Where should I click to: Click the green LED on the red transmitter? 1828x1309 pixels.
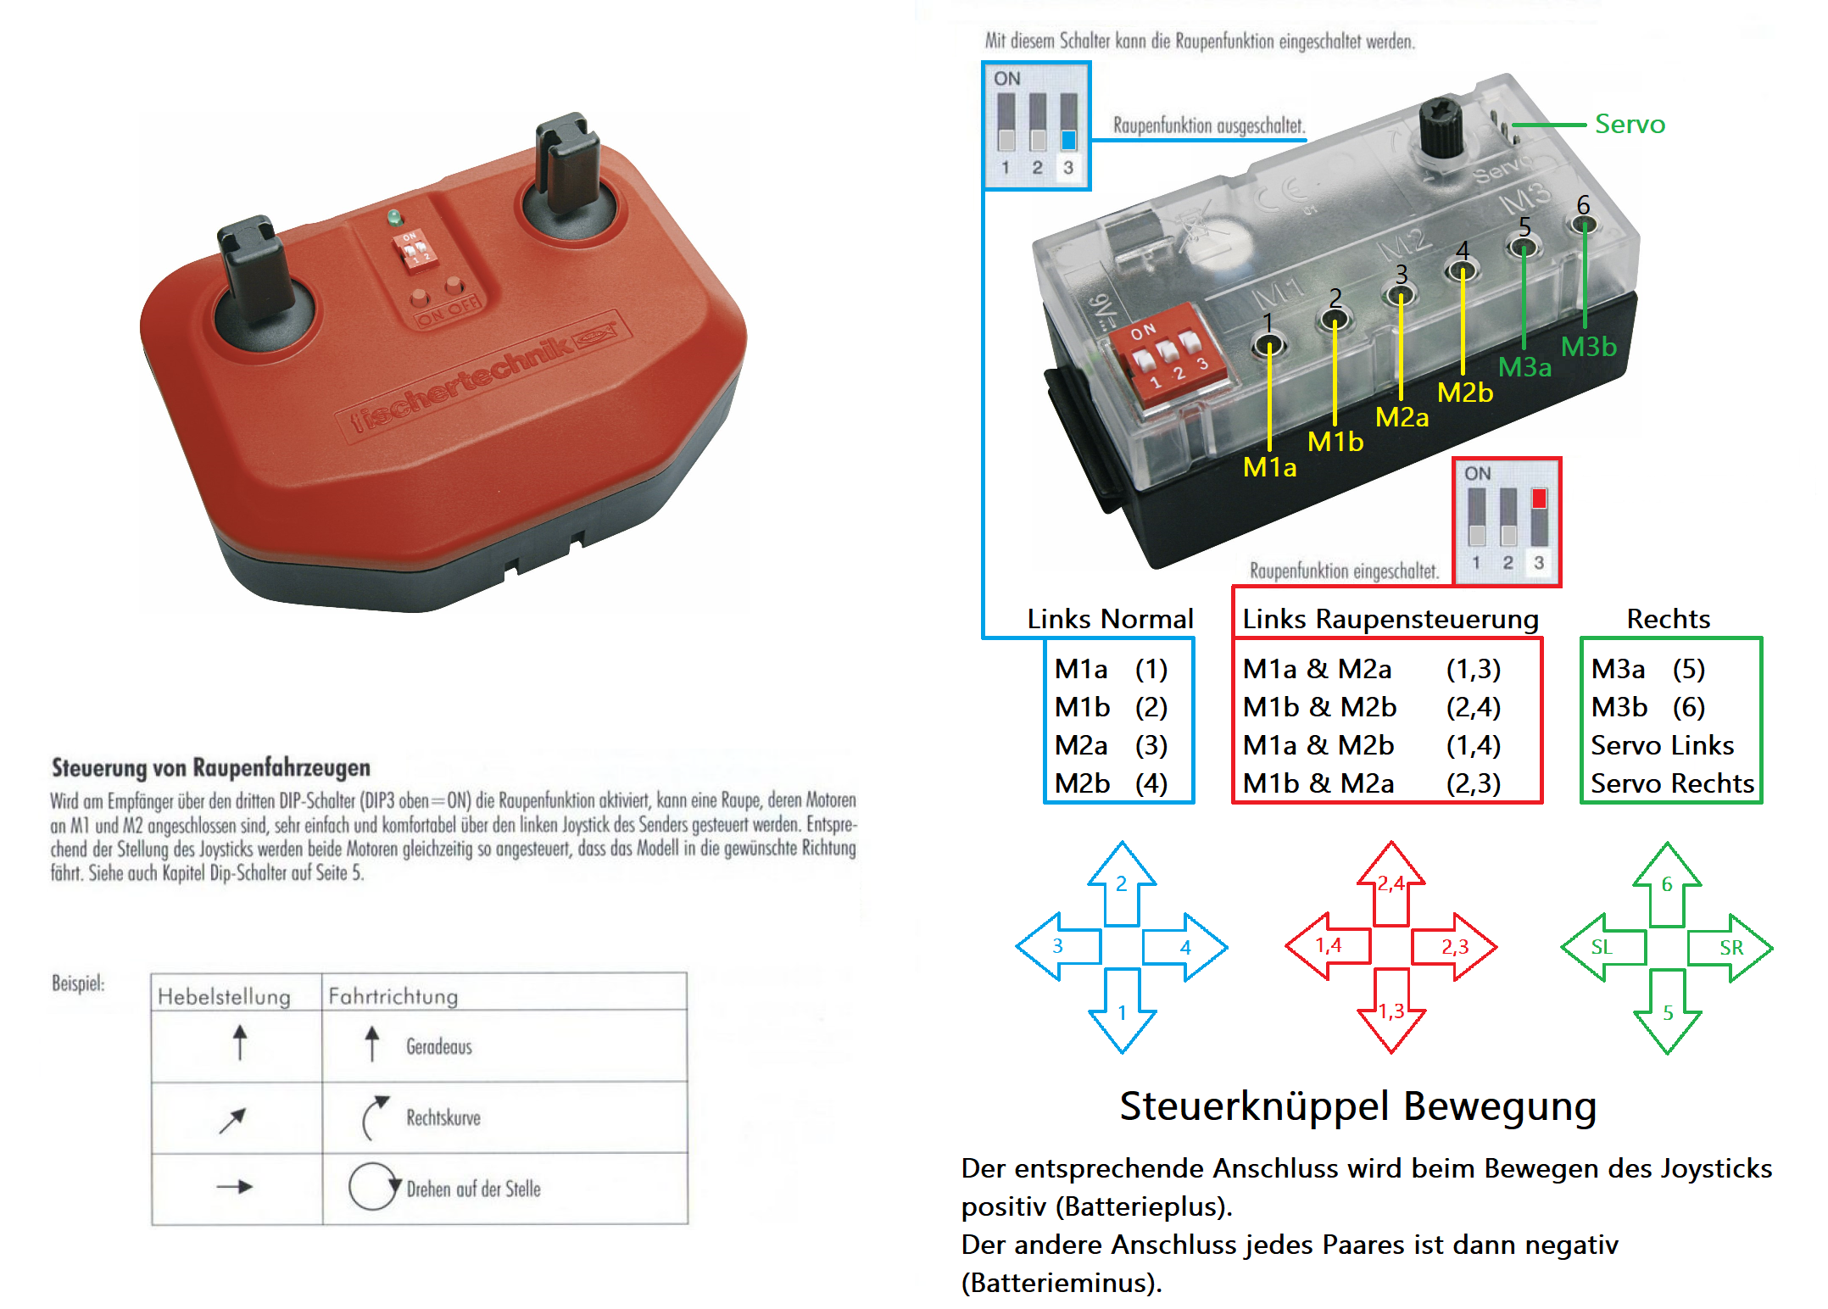point(394,217)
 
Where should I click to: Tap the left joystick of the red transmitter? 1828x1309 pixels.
point(252,270)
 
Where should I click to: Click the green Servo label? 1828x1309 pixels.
point(1629,125)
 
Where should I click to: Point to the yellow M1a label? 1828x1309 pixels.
point(1269,467)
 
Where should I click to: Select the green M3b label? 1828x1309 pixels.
point(1588,347)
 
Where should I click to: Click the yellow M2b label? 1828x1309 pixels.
point(1464,393)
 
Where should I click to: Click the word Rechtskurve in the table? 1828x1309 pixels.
point(443,1117)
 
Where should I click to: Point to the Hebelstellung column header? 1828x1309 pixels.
point(224,996)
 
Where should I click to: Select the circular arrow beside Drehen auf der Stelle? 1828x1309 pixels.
point(372,1186)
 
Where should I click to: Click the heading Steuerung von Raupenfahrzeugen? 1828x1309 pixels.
point(210,767)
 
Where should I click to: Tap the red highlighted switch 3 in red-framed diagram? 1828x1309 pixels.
point(1539,499)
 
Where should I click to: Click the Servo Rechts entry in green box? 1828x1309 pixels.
point(1671,783)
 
